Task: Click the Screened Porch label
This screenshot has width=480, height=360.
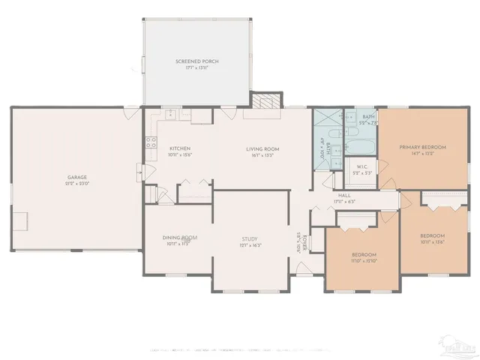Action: (x=196, y=61)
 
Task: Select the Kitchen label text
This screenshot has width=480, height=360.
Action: (x=180, y=148)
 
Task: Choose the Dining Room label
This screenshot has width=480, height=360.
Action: (x=179, y=238)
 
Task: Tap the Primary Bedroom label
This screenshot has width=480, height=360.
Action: (x=423, y=147)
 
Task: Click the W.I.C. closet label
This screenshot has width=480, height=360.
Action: (x=361, y=166)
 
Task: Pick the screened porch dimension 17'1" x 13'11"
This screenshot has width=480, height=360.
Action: (x=196, y=67)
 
